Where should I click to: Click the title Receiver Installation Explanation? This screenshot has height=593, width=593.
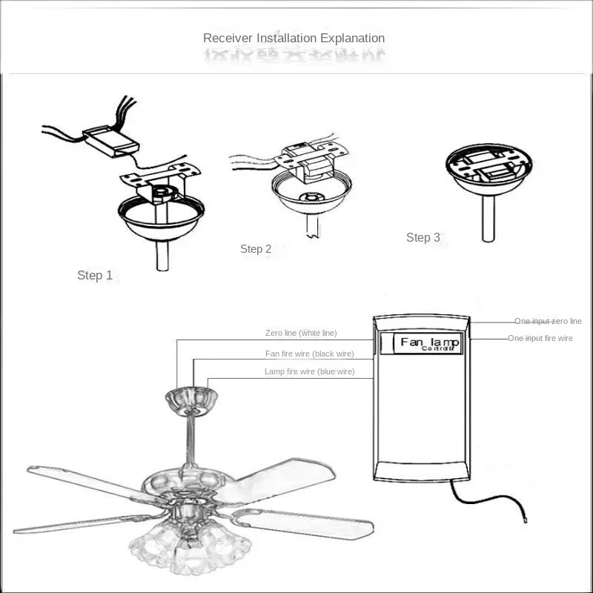(294, 38)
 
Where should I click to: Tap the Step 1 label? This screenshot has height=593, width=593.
(95, 276)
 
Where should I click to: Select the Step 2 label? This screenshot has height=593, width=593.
(256, 249)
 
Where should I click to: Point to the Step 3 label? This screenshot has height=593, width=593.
(423, 238)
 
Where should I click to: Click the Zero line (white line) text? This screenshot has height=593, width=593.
(301, 334)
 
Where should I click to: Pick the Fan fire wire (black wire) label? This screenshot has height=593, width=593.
(309, 354)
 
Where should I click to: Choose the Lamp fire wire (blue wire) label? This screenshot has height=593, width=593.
(309, 371)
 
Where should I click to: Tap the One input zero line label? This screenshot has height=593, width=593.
(549, 322)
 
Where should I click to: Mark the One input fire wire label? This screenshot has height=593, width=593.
(540, 338)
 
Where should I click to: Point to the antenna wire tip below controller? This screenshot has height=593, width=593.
(525, 522)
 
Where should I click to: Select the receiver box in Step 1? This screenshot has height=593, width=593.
(110, 141)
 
